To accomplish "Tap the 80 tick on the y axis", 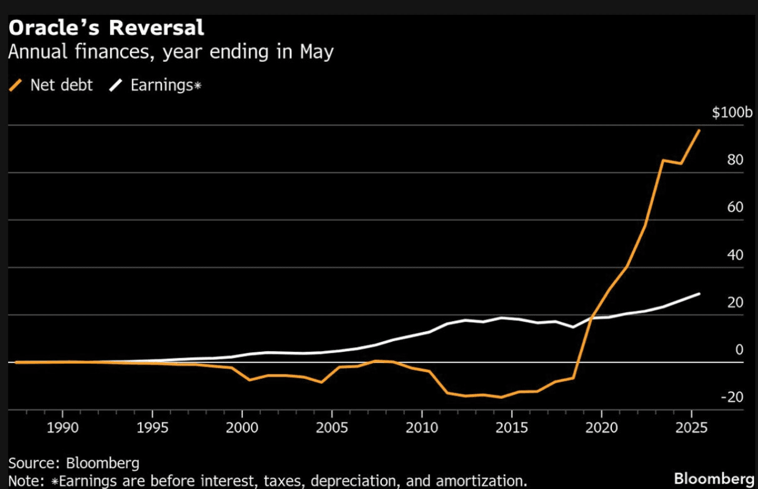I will pyautogui.click(x=735, y=160).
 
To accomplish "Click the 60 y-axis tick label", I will pyautogui.click(x=735, y=207).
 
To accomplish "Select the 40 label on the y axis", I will pyautogui.click(x=735, y=255).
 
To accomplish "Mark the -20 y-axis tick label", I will pyautogui.click(x=733, y=397).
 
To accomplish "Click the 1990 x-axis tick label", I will pyautogui.click(x=62, y=427).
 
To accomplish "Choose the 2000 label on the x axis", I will pyautogui.click(x=242, y=427).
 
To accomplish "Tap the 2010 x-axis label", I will pyautogui.click(x=422, y=427).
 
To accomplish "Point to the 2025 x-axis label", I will pyautogui.click(x=691, y=427).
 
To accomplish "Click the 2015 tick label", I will pyautogui.click(x=512, y=427).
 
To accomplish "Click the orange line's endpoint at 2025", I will pyautogui.click(x=699, y=130).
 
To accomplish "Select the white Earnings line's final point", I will pyautogui.click(x=699, y=293).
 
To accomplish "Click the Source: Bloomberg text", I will pyautogui.click(x=74, y=462).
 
